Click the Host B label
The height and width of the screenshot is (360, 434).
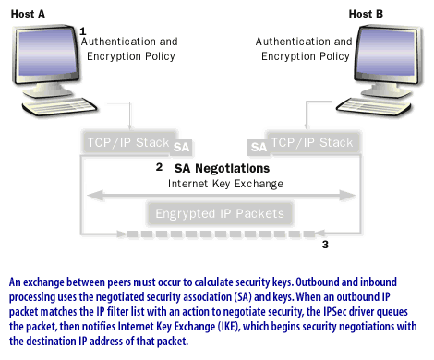[x=371, y=14]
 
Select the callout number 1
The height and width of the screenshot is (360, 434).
[x=83, y=30]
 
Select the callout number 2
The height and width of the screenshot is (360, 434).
[x=159, y=167]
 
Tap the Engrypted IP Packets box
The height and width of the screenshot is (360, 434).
[x=219, y=213]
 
